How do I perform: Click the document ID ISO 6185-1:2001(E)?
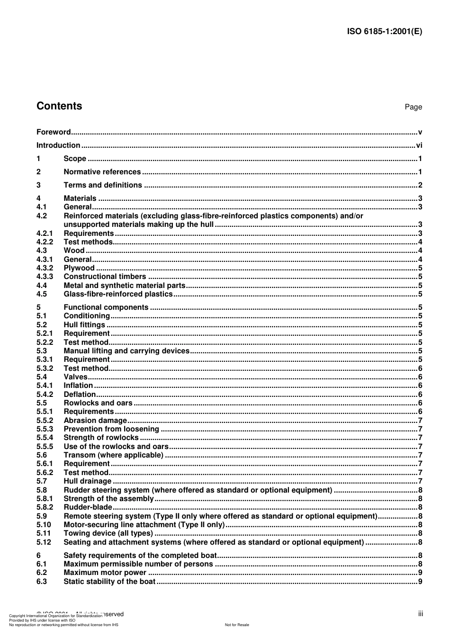385,32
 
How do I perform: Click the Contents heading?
59,106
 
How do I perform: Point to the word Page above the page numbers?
413,107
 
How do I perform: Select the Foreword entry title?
54,132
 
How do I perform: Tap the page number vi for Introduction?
419,145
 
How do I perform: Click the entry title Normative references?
102,172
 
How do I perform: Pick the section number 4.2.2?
45,242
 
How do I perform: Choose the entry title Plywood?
79,268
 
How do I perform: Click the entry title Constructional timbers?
105,277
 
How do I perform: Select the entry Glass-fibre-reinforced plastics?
118,294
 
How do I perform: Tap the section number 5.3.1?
45,359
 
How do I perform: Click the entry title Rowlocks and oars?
98,403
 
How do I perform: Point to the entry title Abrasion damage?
95,421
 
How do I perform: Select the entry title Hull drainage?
88,481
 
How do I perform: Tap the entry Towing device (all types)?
108,533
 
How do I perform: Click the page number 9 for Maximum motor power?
420,573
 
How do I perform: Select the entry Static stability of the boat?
109,582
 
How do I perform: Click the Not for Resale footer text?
237,625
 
